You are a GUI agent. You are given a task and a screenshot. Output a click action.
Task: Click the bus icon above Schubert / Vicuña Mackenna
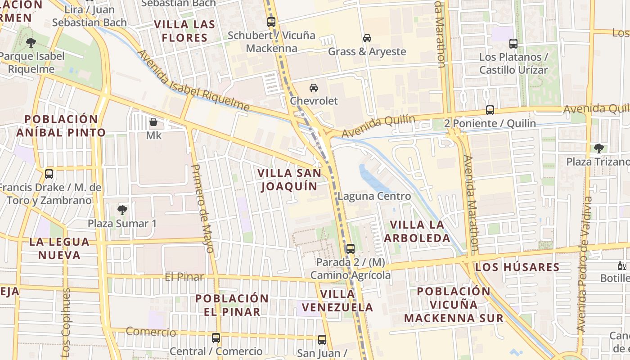tap(271, 22)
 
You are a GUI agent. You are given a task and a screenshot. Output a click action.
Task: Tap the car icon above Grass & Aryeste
tap(367, 38)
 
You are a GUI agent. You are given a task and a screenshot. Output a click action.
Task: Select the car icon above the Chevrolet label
tap(314, 87)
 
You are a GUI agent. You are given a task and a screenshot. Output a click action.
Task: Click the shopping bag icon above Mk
tap(153, 122)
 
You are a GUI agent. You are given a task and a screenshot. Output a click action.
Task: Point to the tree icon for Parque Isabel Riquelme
tap(31, 43)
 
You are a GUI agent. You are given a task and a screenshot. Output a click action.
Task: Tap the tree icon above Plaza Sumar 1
tap(122, 210)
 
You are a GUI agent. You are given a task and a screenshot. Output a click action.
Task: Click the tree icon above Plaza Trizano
tap(598, 148)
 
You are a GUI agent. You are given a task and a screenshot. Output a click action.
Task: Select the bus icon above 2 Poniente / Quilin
tap(490, 110)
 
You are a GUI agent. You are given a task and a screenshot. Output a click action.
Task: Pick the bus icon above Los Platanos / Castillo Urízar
tap(513, 44)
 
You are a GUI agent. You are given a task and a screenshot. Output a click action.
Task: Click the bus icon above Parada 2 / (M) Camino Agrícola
tap(351, 248)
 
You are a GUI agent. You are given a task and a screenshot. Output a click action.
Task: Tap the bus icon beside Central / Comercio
tap(216, 338)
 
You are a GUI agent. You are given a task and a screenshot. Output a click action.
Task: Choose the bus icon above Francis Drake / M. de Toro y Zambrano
tap(49, 174)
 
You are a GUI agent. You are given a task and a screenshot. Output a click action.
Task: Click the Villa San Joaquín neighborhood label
tap(289, 180)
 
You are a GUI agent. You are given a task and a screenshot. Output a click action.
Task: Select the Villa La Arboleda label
tap(417, 231)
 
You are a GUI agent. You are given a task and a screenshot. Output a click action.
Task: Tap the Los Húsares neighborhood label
tap(517, 267)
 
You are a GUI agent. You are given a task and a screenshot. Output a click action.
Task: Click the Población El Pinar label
tap(232, 305)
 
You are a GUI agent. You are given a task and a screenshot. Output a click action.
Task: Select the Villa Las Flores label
tap(184, 31)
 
